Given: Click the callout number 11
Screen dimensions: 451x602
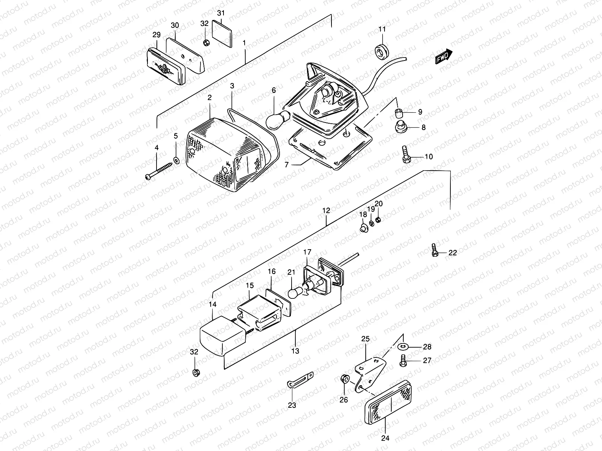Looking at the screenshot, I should click(382, 29).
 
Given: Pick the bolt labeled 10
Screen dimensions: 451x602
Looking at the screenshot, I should click(406, 155).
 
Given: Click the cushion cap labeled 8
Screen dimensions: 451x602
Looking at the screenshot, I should click(401, 127).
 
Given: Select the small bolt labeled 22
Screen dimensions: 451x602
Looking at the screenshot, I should click(434, 250).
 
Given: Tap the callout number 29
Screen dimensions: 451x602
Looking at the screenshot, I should click(156, 35).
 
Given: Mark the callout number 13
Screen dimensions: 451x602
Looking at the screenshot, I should click(295, 351).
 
